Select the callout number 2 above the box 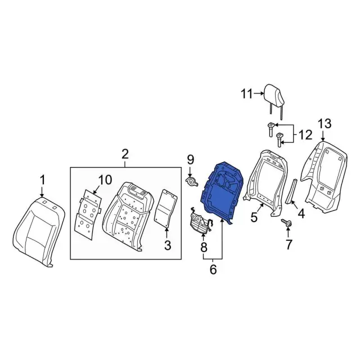pyautogui.click(x=125, y=154)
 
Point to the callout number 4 pyautogui.click(x=301, y=214)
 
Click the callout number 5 pyautogui.click(x=254, y=217)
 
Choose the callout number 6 pyautogui.click(x=213, y=270)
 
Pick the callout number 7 pyautogui.click(x=289, y=244)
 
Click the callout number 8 pyautogui.click(x=204, y=246)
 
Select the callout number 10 pyautogui.click(x=105, y=179)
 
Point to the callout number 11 pyautogui.click(x=247, y=94)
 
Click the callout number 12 pyautogui.click(x=304, y=135)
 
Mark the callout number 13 pyautogui.click(x=325, y=124)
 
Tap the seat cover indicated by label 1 pyautogui.click(x=37, y=231)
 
